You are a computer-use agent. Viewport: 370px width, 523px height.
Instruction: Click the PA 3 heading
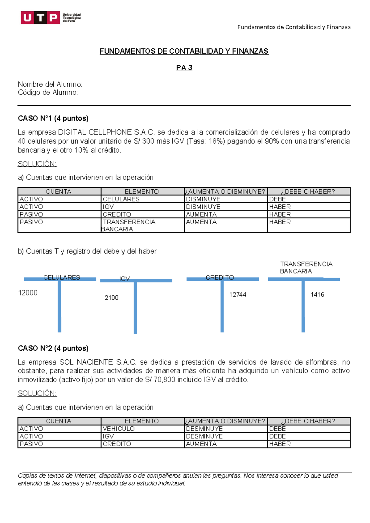[x=184, y=68]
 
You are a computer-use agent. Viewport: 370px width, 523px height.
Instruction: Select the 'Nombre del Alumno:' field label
[x=50, y=84]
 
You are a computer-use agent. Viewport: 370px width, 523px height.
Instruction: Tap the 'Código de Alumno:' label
[x=48, y=93]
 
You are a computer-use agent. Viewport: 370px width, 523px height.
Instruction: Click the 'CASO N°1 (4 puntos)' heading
[x=53, y=118]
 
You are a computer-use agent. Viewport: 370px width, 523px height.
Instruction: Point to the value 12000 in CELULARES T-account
[x=28, y=293]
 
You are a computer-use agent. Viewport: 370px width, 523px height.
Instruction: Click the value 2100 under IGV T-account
[x=111, y=298]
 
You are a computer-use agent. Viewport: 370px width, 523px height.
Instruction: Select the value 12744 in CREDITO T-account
[x=237, y=294]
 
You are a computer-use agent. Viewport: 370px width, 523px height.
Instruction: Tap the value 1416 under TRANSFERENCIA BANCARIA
[x=317, y=294]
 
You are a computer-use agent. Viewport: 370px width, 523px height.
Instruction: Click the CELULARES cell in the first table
[x=121, y=199]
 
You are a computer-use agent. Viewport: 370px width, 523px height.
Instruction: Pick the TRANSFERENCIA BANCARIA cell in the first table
[x=129, y=225]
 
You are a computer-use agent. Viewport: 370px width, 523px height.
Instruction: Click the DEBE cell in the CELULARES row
[x=277, y=199]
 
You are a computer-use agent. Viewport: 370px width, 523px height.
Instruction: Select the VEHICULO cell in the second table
[x=118, y=429]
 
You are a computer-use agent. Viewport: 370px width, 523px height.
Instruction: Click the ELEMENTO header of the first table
[x=142, y=191]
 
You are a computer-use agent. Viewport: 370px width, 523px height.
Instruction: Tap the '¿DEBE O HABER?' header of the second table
[x=308, y=421]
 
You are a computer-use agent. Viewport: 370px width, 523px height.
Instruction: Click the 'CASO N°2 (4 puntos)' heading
[x=53, y=348]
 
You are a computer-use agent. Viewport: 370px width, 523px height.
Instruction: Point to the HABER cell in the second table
[x=280, y=444]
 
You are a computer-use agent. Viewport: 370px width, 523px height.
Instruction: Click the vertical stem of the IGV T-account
[x=135, y=308]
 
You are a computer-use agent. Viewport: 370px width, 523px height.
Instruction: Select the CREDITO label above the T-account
[x=220, y=277]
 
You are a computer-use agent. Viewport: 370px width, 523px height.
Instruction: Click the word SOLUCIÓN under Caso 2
[x=37, y=393]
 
